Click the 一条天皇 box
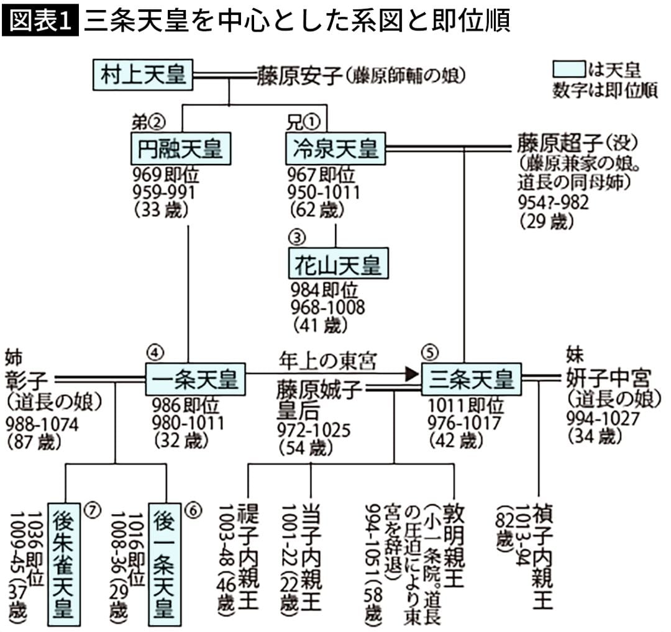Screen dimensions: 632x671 coord(195,379)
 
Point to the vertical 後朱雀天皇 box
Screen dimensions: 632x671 coord(65,561)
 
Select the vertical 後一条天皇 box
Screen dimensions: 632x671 coord(166,561)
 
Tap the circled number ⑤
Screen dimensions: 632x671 coord(429,351)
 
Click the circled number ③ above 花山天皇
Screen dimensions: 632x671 coord(296,238)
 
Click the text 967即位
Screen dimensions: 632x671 coord(321,173)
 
